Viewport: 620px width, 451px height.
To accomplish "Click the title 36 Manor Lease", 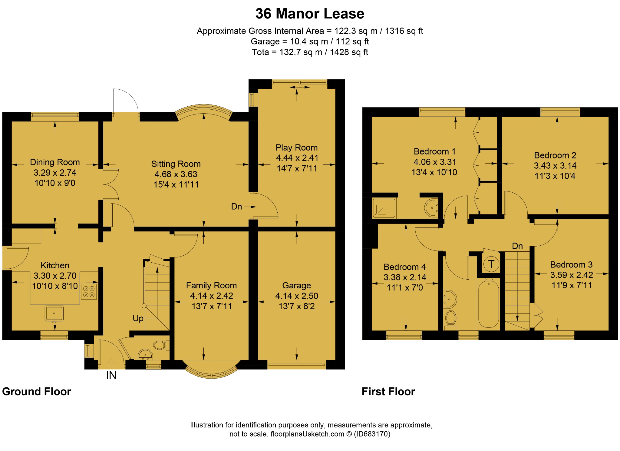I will pyautogui.click(x=310, y=14).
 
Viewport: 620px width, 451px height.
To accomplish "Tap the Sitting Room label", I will pyautogui.click(x=176, y=164).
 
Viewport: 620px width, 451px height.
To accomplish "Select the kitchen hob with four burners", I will pyautogui.click(x=89, y=291).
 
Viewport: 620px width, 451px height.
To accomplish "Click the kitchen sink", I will pyautogui.click(x=54, y=313).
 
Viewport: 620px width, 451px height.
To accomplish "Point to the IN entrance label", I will pyautogui.click(x=111, y=375).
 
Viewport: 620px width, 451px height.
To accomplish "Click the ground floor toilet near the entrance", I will pyautogui.click(x=160, y=345).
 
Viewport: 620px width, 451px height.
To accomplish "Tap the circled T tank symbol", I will pyautogui.click(x=491, y=264).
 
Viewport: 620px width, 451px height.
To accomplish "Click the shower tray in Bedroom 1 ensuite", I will pyautogui.click(x=384, y=208).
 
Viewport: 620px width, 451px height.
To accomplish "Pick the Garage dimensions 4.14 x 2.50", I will pyautogui.click(x=296, y=296).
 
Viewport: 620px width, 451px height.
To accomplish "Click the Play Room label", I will pyautogui.click(x=296, y=148).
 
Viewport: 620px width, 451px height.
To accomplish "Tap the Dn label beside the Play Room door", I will pyautogui.click(x=236, y=207).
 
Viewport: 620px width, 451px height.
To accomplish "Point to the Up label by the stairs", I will pyautogui.click(x=138, y=318).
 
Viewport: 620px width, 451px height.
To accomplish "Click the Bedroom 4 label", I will pyautogui.click(x=404, y=267).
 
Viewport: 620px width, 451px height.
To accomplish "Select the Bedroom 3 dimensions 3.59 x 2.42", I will pyautogui.click(x=571, y=275).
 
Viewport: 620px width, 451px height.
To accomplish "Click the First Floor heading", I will pyautogui.click(x=388, y=392).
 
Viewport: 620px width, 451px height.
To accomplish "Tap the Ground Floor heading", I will pyautogui.click(x=37, y=392).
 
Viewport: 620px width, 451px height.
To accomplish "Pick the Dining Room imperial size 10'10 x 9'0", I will pyautogui.click(x=55, y=183).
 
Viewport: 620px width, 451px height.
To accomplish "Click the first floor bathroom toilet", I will pyautogui.click(x=451, y=319).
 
